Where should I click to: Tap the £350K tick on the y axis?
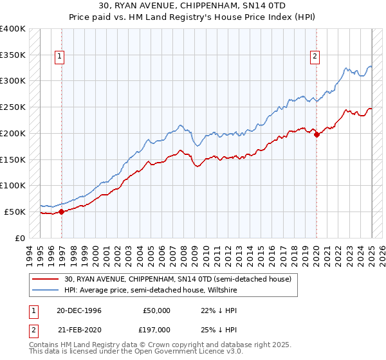(14, 55)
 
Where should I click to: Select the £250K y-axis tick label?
(14, 107)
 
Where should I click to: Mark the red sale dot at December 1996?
(61, 212)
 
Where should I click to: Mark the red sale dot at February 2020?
(317, 134)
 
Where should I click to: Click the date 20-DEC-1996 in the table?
(78, 310)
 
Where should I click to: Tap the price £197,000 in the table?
(156, 329)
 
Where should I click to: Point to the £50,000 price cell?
(156, 310)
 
